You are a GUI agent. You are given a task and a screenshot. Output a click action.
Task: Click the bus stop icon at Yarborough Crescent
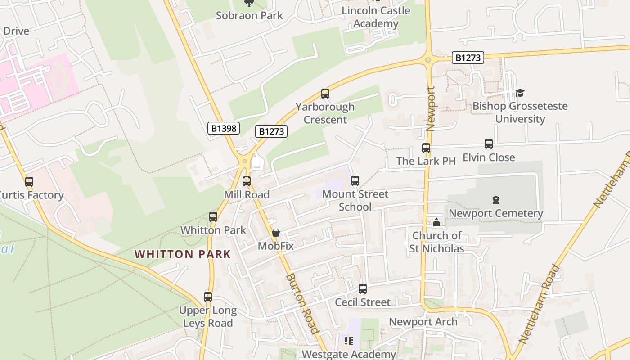325,94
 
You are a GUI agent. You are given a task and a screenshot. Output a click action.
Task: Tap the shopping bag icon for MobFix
276,233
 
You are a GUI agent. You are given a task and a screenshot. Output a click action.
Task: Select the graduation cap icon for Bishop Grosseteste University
520,93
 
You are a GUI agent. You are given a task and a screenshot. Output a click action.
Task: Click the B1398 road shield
224,129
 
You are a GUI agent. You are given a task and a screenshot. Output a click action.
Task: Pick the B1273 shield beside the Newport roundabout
468,58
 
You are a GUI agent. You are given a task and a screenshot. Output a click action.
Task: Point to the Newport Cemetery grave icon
496,200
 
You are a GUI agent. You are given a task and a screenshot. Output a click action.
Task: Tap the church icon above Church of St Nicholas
436,222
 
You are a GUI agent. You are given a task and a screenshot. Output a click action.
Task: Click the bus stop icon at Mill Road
247,181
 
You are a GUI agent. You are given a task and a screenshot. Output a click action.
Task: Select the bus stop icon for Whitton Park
213,217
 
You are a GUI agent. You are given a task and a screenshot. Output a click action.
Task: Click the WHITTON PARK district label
183,254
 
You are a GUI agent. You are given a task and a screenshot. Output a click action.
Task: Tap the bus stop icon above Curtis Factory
29,182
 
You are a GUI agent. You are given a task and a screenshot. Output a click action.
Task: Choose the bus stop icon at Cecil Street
363,289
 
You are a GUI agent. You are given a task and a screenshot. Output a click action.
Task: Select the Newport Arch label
423,322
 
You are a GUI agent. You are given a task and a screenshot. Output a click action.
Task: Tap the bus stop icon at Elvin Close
489,144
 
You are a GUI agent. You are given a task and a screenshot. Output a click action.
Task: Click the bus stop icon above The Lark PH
426,148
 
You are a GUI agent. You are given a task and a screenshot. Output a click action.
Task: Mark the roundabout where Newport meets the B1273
428,59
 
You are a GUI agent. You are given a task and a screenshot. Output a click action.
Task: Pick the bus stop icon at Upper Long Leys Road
207,297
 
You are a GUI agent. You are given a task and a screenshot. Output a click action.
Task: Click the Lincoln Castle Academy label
376,17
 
